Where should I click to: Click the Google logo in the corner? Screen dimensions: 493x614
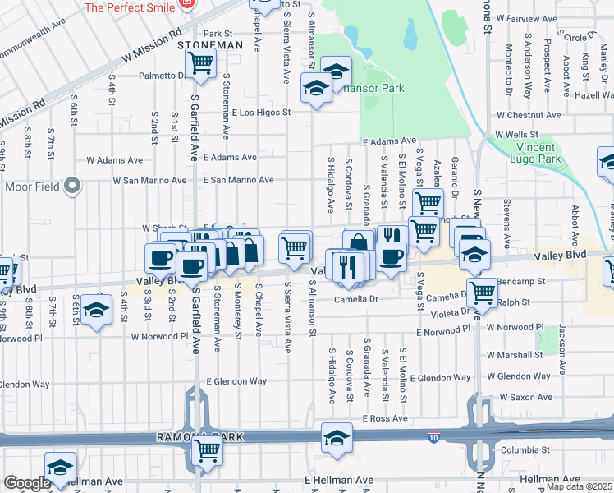(26, 483)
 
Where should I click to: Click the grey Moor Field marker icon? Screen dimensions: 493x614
(72, 187)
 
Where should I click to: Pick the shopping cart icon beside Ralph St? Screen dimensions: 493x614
(483, 292)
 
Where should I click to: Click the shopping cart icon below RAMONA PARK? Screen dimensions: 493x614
(207, 451)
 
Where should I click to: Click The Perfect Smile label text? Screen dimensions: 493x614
(131, 7)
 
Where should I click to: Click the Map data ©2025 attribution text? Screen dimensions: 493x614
(579, 486)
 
